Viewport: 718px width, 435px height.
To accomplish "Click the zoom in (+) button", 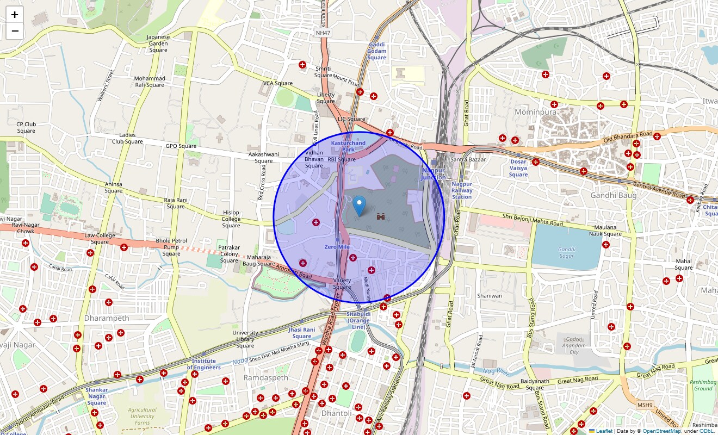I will [x=15, y=15].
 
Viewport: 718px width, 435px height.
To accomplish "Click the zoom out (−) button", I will [x=15, y=31].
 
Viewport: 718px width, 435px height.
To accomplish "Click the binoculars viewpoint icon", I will [x=382, y=216].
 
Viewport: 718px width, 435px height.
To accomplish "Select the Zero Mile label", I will [x=337, y=247].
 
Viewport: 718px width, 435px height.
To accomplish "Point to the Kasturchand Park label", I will [x=348, y=146].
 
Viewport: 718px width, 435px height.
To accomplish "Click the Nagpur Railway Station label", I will [x=462, y=190].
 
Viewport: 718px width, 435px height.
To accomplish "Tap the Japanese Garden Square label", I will [x=158, y=43].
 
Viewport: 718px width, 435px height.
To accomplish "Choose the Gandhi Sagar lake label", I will [x=566, y=252].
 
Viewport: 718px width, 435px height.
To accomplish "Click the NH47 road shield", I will [x=323, y=33].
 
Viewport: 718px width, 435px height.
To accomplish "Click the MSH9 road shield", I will [x=645, y=405].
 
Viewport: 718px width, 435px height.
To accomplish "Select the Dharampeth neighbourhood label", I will [x=107, y=318].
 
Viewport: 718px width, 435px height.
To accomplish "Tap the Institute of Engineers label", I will [x=204, y=364].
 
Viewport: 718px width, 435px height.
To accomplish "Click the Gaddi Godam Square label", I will [x=376, y=51].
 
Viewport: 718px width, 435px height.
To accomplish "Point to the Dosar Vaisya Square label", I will [x=518, y=168].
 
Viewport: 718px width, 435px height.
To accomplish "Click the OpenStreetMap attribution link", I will [x=661, y=431].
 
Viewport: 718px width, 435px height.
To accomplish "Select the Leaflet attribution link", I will [x=603, y=431].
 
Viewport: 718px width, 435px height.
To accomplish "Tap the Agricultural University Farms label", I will [x=142, y=417].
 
